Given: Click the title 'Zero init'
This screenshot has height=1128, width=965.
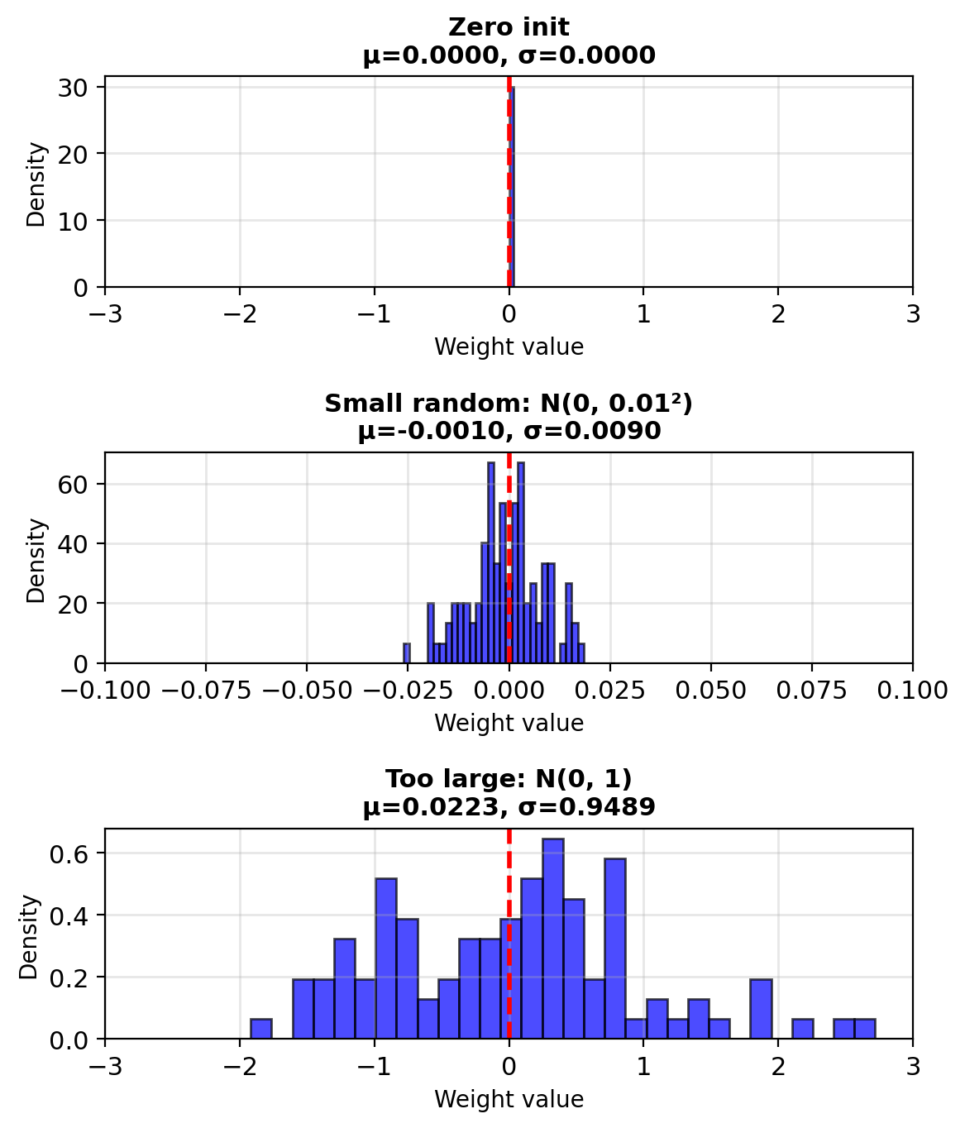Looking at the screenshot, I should coord(509,27).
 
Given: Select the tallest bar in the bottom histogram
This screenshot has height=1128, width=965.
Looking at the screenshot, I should coord(552,939).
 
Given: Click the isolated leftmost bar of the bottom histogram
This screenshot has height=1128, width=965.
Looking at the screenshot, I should coord(261,1029).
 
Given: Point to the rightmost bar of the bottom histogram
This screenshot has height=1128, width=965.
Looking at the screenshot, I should coord(864,1029).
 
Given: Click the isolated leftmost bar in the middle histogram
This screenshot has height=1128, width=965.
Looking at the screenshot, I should coord(406,653).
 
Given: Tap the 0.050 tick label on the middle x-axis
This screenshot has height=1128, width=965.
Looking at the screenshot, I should coord(711,691).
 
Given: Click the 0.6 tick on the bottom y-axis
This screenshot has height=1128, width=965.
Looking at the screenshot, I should coord(74,853).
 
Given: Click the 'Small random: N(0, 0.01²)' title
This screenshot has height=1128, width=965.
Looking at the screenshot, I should coord(509,404).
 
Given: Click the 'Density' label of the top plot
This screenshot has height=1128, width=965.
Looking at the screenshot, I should coord(36,184).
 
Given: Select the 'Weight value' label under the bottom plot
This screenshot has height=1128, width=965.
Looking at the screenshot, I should coord(509,1099).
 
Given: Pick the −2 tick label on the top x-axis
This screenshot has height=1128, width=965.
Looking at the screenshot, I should coord(239,314).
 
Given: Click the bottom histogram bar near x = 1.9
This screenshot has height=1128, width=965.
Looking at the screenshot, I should coord(761,1009).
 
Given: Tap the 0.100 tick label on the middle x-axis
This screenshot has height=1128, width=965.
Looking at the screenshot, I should coord(912,691).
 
